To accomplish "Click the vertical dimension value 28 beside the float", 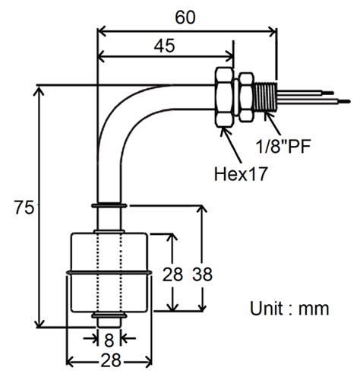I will [173, 274].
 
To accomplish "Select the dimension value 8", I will [110, 340].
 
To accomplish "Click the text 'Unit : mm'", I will [289, 309].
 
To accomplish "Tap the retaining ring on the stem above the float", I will [110, 206].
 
